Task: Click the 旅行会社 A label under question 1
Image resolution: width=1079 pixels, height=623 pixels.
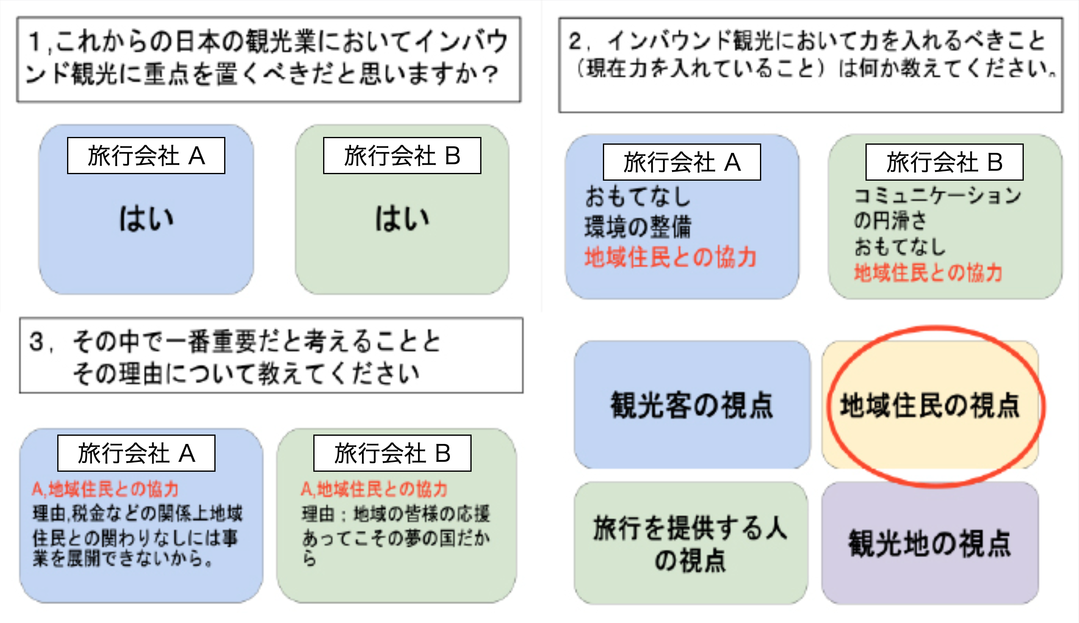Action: pos(146,155)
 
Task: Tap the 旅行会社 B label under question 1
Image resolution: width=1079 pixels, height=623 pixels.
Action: pos(402,155)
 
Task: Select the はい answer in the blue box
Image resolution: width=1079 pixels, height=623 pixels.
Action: pos(146,219)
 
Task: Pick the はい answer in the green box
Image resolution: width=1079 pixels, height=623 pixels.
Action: pos(402,219)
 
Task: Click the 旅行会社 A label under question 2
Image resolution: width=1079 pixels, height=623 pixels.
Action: pos(681,162)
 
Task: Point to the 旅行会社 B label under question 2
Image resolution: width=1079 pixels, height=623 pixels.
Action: pos(944,162)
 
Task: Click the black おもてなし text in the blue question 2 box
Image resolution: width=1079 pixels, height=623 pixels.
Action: pos(638,196)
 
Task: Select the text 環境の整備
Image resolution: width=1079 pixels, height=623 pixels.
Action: pos(638,226)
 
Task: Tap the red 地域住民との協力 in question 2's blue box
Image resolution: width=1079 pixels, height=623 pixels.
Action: pos(670,257)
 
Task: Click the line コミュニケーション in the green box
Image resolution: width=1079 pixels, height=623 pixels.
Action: pos(937,195)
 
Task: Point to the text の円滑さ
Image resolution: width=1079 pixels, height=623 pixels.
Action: pos(890,220)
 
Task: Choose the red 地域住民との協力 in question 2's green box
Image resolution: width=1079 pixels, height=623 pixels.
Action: pos(928,273)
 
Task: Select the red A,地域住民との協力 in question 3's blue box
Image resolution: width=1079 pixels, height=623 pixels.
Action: pos(105,489)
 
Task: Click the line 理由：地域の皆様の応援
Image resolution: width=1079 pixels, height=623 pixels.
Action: pos(396,513)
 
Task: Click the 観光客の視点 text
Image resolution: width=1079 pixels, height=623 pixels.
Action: pos(692,405)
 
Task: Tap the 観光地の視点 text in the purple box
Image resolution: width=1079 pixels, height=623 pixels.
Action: pos(930,543)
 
